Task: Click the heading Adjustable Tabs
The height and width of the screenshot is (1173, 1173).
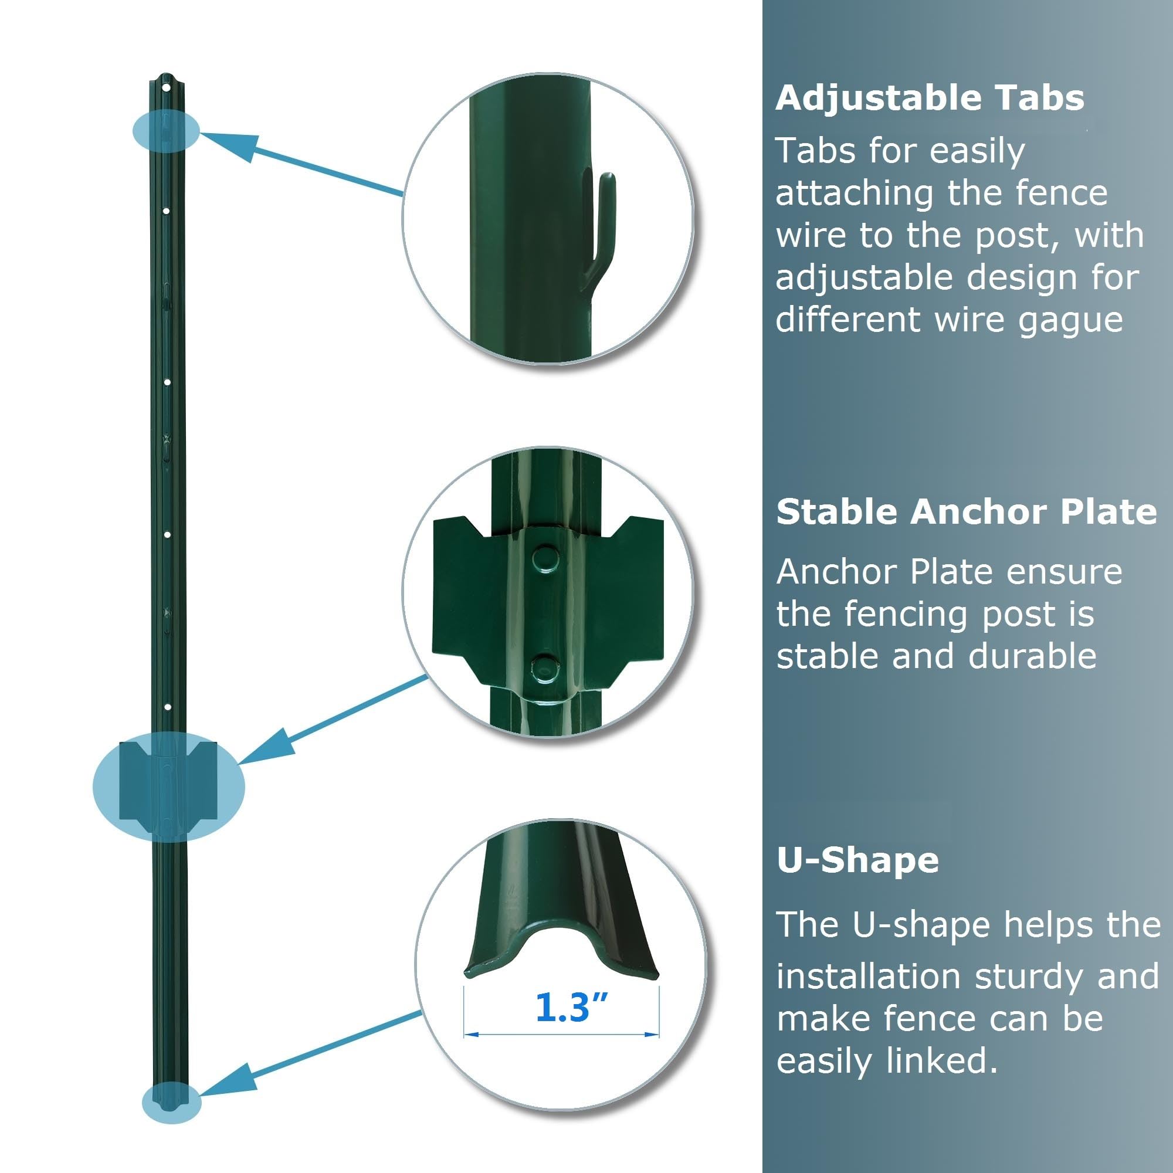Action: [930, 98]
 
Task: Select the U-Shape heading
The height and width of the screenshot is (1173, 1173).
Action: [857, 860]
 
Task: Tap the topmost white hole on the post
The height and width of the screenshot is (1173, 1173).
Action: [166, 89]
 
